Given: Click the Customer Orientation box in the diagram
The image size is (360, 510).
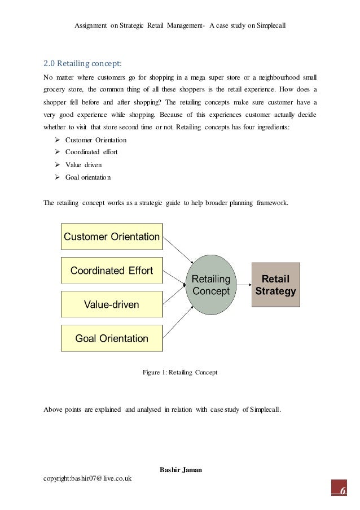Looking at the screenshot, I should tap(112, 237).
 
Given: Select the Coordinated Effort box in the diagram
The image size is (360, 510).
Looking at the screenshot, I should tap(112, 271).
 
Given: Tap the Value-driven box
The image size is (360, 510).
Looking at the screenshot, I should tap(112, 305).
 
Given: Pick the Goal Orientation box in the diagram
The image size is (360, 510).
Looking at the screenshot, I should tap(112, 339).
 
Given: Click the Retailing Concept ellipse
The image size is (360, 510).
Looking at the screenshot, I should tap(212, 285).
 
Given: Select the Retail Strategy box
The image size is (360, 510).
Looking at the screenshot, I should tap(275, 285).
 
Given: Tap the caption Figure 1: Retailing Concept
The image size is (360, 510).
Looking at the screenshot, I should tap(180, 373).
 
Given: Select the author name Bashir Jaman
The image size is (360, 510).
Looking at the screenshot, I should tap(180, 469).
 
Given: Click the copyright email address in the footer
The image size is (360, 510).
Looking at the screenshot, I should tap(87, 478).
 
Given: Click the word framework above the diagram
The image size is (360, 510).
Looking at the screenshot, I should tap(271, 203).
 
